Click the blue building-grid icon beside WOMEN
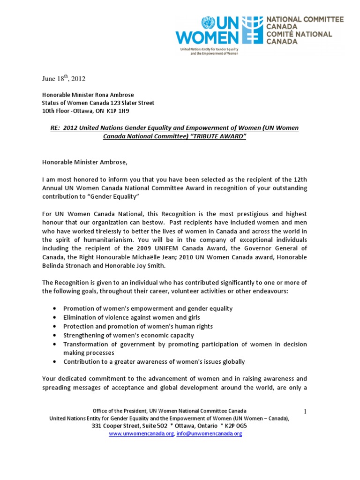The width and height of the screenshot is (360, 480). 255,30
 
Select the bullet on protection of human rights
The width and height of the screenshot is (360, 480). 138,326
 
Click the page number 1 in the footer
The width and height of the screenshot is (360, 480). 304,412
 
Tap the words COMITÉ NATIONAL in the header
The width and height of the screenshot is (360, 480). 299,34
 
